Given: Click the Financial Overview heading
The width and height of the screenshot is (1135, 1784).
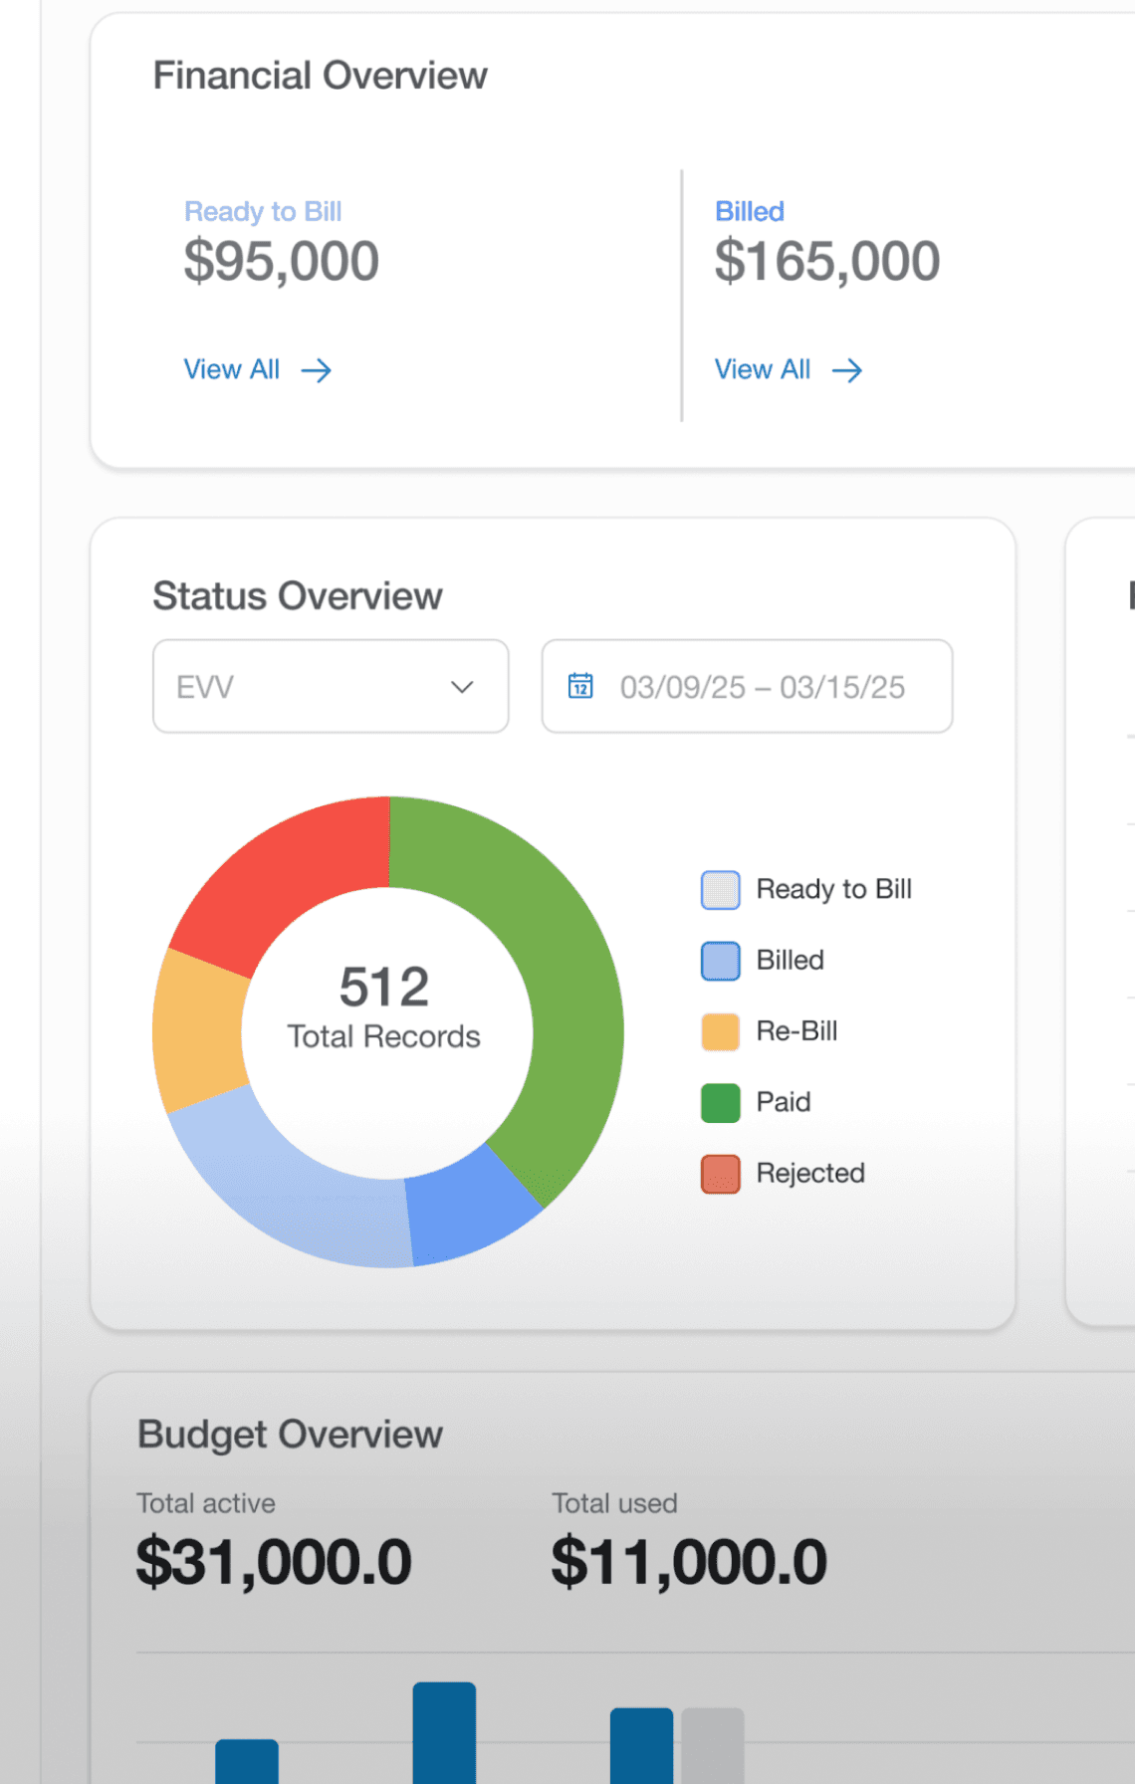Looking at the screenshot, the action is coord(320,76).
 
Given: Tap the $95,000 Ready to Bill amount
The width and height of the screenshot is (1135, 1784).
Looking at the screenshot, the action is coord(281,261).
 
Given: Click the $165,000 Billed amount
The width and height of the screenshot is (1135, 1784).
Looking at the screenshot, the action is coord(826,261).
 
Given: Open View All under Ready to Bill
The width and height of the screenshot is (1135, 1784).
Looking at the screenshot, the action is coord(257,370).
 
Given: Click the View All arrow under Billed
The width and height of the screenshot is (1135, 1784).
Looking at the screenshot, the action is coord(847,371).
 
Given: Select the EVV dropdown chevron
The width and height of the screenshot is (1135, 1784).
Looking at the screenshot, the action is coord(462,687).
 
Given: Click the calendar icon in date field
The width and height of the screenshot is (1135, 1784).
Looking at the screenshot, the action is coord(580,686).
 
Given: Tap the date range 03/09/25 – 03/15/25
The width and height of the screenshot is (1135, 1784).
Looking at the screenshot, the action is coord(763,687).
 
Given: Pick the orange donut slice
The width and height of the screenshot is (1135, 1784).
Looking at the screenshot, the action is coord(197,1030).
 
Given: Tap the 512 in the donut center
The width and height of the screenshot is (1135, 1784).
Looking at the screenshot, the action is coord(384,987).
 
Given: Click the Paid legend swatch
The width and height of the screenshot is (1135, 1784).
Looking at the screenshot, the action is coord(720,1102).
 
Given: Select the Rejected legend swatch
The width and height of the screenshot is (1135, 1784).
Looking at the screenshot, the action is coord(720,1173).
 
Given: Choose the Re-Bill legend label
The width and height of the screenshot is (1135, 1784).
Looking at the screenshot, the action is coord(796,1030).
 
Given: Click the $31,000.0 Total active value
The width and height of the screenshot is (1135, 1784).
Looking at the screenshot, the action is coord(274,1561).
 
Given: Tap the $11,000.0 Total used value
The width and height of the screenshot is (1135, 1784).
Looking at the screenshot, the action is coord(689,1561).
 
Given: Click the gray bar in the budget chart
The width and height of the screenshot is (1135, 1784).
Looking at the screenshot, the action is coord(713,1746).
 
